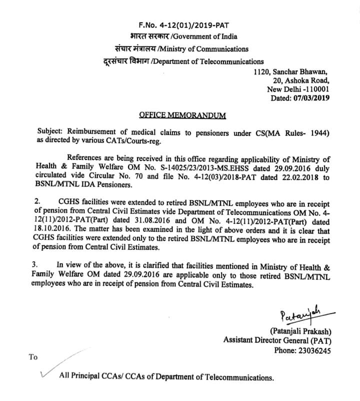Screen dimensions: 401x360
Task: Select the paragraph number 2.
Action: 40,201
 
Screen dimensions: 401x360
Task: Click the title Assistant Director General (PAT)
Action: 276,340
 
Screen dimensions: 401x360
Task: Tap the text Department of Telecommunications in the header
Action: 207,61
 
